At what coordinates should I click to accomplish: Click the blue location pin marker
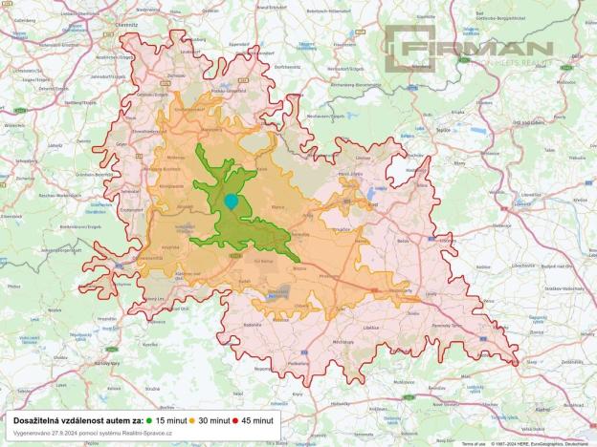click(x=231, y=201)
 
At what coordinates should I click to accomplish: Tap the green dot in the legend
click(x=150, y=419)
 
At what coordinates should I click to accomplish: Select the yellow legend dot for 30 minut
click(x=191, y=419)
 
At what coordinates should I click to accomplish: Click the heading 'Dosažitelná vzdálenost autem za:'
click(x=77, y=419)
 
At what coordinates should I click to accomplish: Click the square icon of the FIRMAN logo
click(x=410, y=48)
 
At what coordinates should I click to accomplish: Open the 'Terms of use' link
click(x=474, y=443)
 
